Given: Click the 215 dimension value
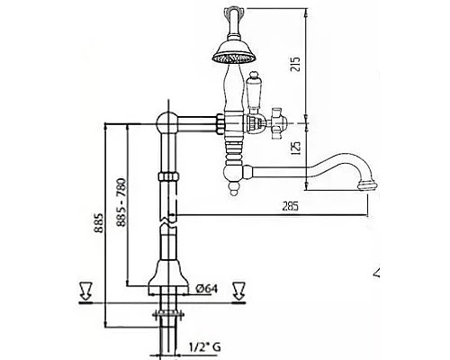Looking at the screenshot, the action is click(x=295, y=64).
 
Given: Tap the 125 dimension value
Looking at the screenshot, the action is click(x=295, y=148).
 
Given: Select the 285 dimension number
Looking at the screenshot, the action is click(x=291, y=206).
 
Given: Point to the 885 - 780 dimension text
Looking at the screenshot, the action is click(x=121, y=202).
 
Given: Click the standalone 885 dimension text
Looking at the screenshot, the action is click(x=99, y=223).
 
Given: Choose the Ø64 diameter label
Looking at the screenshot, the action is click(x=207, y=289).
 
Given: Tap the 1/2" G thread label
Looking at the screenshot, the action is click(x=205, y=347).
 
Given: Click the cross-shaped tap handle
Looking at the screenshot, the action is click(x=278, y=123).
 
